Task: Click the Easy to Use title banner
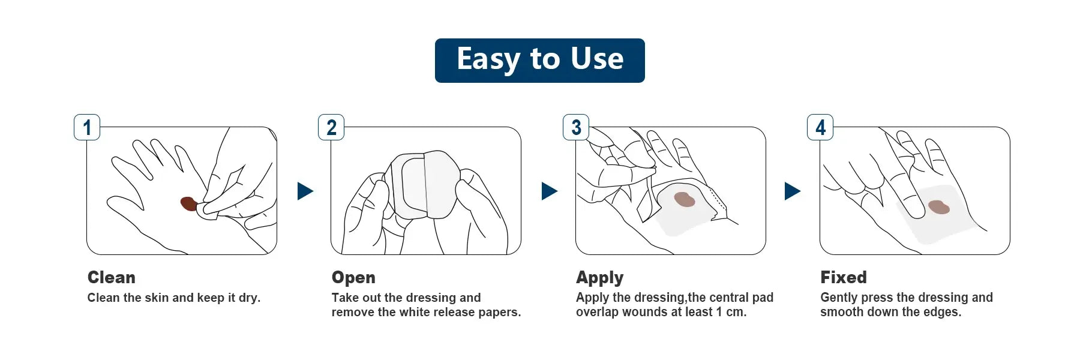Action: [539, 61]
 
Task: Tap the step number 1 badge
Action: [87, 127]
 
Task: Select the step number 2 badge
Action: [331, 127]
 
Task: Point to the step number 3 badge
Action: [576, 127]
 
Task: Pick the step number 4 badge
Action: [820, 127]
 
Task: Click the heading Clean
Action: [112, 277]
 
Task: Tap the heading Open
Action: [353, 278]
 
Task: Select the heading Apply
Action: [600, 278]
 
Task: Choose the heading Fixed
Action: [844, 277]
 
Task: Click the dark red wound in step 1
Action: [189, 203]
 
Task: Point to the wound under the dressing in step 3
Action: [685, 199]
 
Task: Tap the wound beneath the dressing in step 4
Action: [939, 207]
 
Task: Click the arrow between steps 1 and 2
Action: [305, 191]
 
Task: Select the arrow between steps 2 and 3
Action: [549, 191]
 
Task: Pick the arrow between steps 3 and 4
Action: [793, 191]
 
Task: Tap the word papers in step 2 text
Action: [499, 313]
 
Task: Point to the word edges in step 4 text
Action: [943, 313]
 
